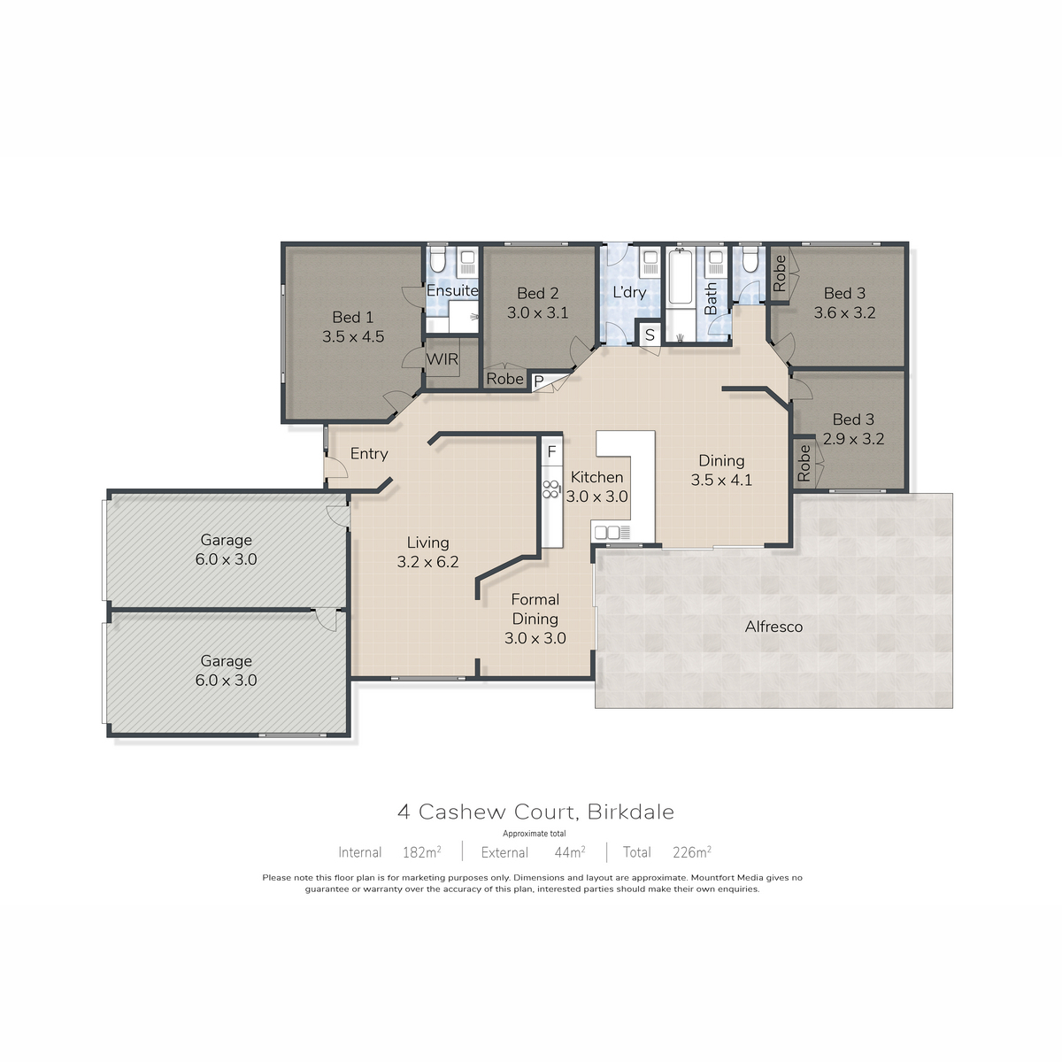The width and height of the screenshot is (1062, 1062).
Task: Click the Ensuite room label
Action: [x=452, y=290]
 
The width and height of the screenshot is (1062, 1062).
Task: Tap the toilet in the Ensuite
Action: [x=437, y=259]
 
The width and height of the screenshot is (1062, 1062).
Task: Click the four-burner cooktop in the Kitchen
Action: [x=550, y=489]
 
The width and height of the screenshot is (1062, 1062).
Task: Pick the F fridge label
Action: [x=551, y=452]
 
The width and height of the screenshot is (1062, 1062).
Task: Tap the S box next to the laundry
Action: [x=650, y=335]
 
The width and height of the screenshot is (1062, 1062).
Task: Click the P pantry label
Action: [x=539, y=381]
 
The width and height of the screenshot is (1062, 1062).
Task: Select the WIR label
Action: [x=442, y=359]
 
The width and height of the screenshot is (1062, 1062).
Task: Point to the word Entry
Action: [x=369, y=454]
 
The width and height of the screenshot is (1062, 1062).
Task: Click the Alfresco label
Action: [x=773, y=627]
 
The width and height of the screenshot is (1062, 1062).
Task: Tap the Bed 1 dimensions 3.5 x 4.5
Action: [x=353, y=336]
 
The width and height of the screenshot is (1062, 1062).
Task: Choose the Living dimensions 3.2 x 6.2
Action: [x=427, y=562]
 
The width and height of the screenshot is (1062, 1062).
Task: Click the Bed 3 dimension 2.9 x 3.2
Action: [x=853, y=439]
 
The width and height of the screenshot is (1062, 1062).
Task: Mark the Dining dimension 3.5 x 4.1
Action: [x=721, y=480]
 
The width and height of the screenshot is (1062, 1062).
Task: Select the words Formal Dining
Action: [x=535, y=609]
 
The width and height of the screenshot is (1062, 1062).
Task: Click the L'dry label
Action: [x=629, y=292]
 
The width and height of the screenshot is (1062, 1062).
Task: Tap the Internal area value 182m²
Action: [x=421, y=852]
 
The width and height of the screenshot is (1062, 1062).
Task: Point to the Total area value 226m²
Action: [x=692, y=852]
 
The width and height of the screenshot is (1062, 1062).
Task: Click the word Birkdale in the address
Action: [x=630, y=812]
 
